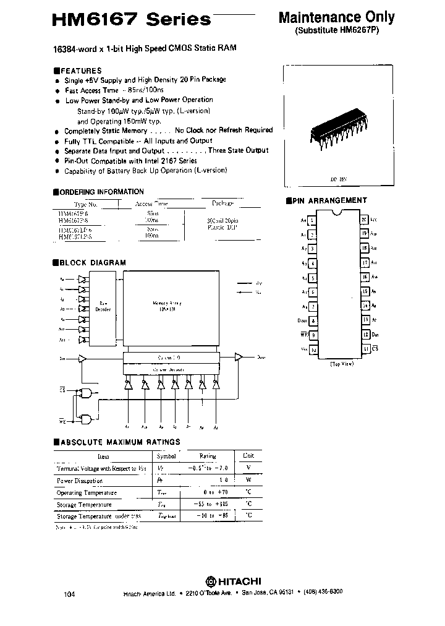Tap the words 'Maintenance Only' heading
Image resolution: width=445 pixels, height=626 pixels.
[336, 17]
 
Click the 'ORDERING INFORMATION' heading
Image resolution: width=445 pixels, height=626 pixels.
[101, 192]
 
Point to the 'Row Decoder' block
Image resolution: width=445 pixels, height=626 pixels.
[104, 306]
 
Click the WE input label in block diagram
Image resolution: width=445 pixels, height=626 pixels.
[62, 421]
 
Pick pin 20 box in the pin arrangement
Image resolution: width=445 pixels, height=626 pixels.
[365, 220]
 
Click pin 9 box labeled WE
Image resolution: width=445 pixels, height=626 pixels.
[313, 335]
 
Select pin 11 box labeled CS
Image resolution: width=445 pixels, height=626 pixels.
[365, 349]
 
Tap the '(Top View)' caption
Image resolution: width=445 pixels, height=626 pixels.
[342, 364]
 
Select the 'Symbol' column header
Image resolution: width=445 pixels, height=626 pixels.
[166, 456]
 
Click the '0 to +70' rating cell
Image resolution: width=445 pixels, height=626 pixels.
[208, 492]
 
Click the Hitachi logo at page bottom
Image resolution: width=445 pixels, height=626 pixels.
[232, 581]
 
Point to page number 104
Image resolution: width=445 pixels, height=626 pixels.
[69, 594]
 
